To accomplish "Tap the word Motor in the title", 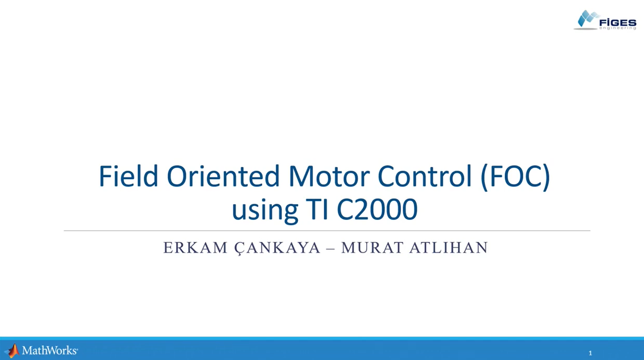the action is pos(329,177).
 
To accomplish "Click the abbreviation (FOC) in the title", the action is pos(515,177).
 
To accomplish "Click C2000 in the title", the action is pos(377,209).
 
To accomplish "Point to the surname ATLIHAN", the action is pos(449,248).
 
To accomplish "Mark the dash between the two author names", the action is pos(331,248).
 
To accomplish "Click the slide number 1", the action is pos(590,353).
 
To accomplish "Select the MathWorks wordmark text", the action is pos(50,350).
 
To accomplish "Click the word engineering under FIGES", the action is pos(618,28).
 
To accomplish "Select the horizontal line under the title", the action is pos(327,230).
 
